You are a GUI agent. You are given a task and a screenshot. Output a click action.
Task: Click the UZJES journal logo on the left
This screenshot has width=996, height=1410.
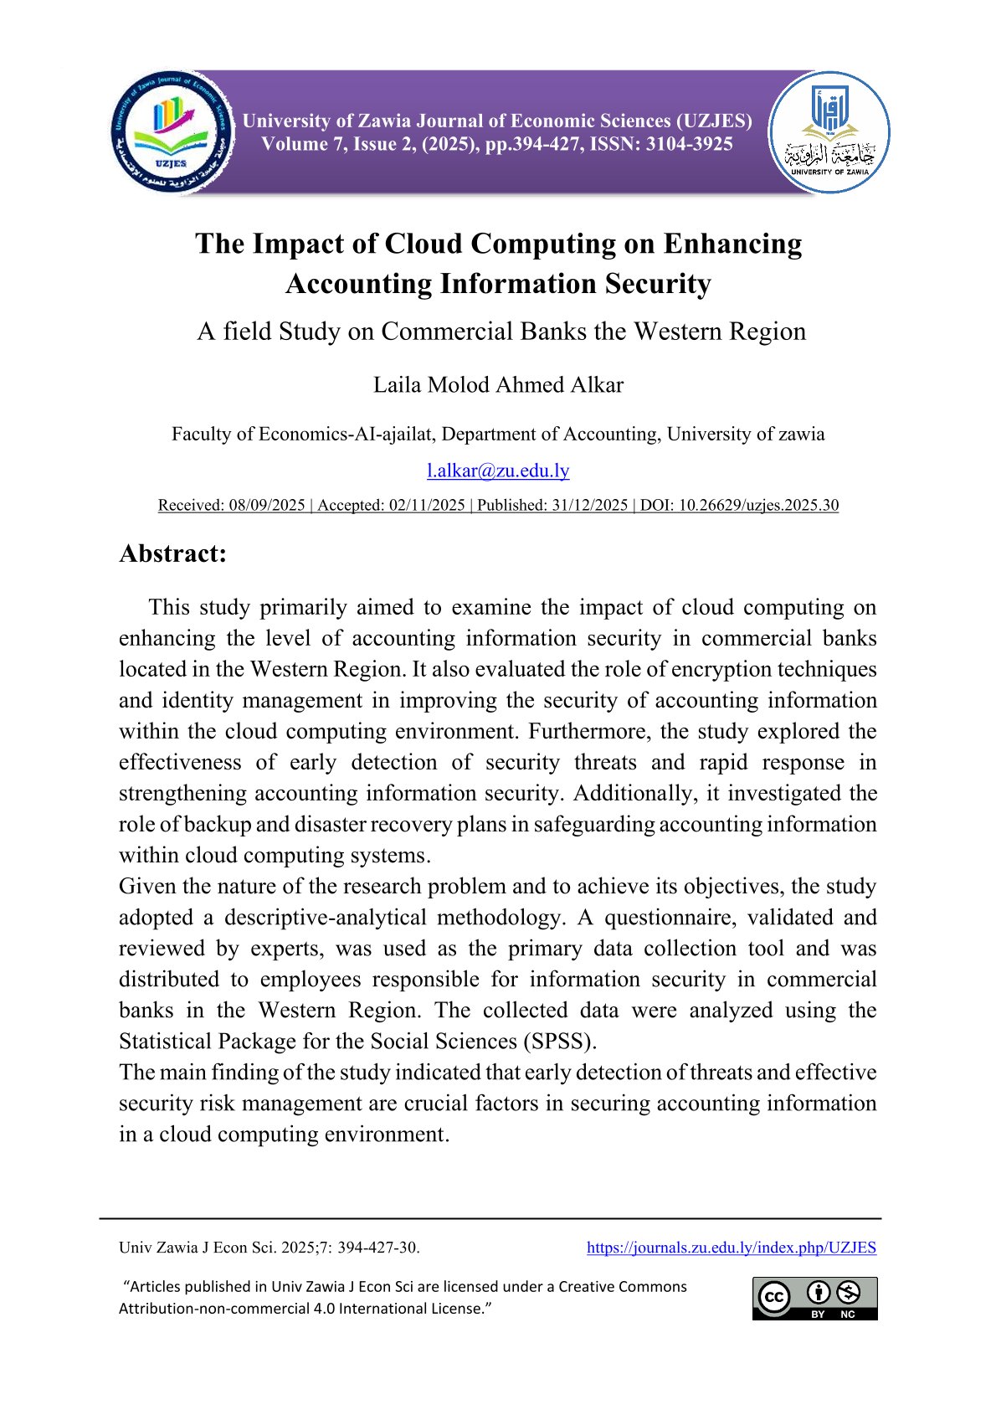(174, 132)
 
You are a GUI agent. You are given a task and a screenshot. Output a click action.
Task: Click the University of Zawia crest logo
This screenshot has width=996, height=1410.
(829, 132)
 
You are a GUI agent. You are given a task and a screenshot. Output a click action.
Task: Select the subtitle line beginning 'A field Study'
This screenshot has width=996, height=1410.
(501, 332)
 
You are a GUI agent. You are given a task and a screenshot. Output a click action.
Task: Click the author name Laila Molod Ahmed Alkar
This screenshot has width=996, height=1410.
(498, 385)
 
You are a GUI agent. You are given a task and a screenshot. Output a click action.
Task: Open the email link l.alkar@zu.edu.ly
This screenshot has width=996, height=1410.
(498, 471)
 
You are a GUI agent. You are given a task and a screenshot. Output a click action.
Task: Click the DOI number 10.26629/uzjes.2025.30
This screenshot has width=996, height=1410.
(758, 505)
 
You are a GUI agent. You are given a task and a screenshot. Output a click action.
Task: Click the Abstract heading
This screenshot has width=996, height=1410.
(173, 553)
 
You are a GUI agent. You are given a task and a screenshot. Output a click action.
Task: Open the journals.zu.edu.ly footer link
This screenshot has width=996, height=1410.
(731, 1248)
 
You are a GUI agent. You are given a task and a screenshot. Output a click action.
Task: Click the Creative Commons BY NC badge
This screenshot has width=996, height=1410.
(814, 1298)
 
